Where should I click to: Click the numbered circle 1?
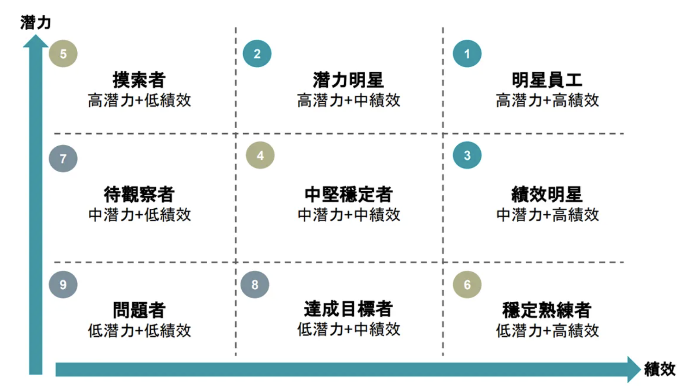click(x=467, y=54)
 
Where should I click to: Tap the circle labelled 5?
click(x=63, y=54)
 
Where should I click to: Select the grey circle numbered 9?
click(x=63, y=284)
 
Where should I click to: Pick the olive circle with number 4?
click(x=260, y=155)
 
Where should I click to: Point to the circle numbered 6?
click(x=467, y=284)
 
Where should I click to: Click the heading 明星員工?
click(x=547, y=80)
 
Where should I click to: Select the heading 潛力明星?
click(x=348, y=80)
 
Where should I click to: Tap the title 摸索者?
click(x=139, y=80)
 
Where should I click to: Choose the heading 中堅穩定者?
click(x=349, y=194)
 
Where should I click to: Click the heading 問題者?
click(x=139, y=310)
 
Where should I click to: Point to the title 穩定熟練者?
click(x=547, y=310)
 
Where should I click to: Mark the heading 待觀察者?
click(x=139, y=194)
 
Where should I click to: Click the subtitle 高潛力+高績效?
click(x=547, y=100)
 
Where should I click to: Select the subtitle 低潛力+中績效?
click(x=349, y=330)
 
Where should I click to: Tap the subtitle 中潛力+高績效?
click(x=547, y=215)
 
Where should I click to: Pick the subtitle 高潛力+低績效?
click(x=139, y=100)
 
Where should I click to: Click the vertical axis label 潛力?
click(x=35, y=23)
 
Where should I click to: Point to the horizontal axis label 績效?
click(x=660, y=369)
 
